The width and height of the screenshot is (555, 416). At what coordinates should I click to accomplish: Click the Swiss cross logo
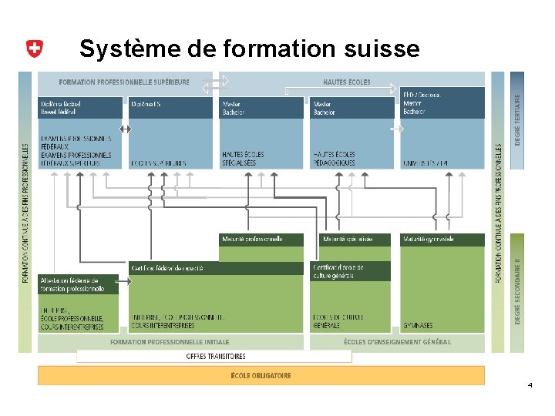click(34, 49)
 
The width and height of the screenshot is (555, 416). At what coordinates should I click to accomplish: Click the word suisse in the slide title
click(383, 49)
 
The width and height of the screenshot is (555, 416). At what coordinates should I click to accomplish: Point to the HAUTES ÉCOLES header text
click(347, 82)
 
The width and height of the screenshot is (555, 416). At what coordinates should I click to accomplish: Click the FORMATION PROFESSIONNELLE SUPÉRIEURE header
click(123, 82)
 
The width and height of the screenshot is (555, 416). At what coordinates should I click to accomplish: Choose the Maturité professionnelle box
click(261, 240)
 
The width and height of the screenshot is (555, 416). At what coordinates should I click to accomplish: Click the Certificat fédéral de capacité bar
click(216, 268)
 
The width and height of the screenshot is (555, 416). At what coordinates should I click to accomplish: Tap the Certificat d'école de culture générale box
click(351, 271)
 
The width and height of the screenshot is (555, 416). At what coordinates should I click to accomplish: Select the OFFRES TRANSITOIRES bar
click(215, 356)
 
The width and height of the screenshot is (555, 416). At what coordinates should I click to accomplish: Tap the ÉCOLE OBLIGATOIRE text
click(261, 375)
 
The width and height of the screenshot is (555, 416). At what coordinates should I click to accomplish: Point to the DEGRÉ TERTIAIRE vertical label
click(517, 120)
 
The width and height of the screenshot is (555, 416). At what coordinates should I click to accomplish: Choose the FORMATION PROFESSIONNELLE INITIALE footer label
click(170, 342)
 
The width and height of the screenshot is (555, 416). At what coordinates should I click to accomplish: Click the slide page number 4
click(530, 384)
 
